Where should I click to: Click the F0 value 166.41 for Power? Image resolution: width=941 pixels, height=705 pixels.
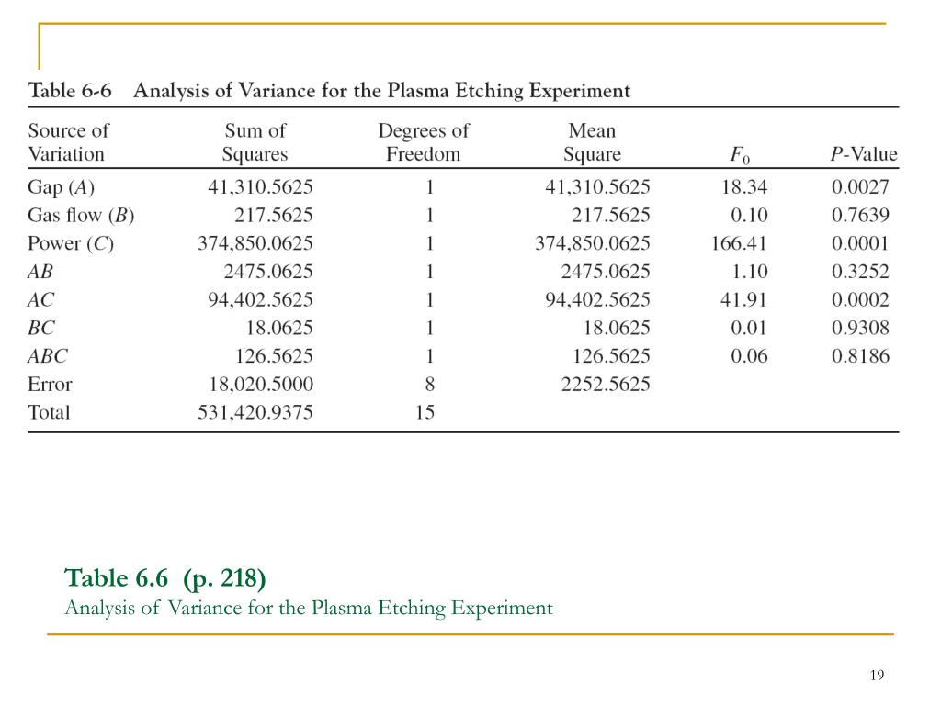(x=739, y=244)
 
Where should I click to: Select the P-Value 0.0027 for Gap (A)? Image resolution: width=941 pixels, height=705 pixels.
(x=860, y=188)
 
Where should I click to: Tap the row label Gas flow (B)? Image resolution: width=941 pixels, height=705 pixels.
(x=81, y=217)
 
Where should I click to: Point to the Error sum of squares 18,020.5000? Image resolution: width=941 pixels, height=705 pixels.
(x=255, y=385)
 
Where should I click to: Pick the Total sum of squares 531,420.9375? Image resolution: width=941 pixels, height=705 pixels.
(x=255, y=413)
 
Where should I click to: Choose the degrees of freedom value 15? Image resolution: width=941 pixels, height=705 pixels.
(x=425, y=413)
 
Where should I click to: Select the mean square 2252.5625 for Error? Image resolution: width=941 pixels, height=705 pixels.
(x=606, y=385)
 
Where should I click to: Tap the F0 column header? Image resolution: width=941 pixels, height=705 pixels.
(x=738, y=155)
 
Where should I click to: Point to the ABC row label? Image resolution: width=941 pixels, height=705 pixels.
(x=48, y=356)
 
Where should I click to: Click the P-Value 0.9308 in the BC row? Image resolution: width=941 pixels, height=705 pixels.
(x=860, y=329)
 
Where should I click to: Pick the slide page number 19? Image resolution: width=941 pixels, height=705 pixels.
(x=876, y=676)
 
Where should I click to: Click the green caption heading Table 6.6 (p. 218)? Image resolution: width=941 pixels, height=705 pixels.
(x=165, y=578)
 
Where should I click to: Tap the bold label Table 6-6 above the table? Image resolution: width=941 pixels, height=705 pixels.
(x=70, y=91)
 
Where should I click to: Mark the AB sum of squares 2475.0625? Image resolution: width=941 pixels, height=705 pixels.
(x=267, y=273)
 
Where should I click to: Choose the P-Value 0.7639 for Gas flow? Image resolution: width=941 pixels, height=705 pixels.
(x=860, y=217)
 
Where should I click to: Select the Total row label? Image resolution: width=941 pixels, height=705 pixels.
(x=50, y=413)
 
